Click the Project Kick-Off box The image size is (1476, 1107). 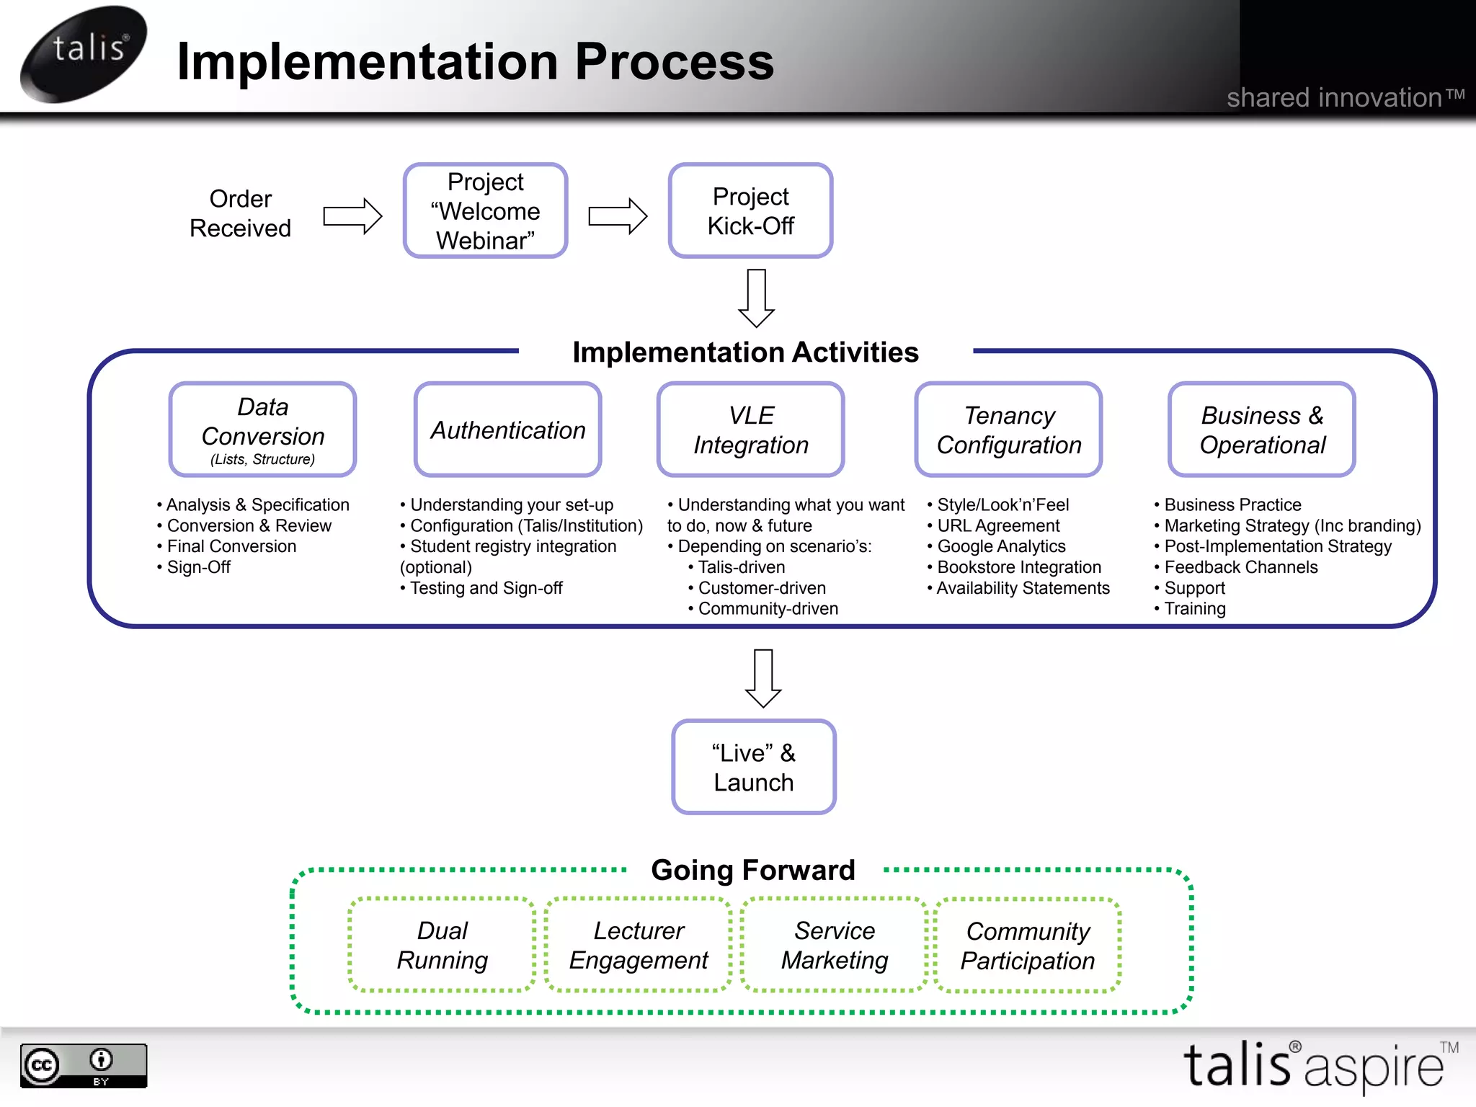[x=750, y=210]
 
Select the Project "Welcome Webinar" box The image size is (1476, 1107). [x=485, y=210]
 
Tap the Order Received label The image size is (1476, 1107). [x=240, y=213]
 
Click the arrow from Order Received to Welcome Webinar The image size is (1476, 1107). [x=352, y=215]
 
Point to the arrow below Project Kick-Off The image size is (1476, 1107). [x=756, y=298]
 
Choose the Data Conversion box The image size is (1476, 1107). [x=263, y=430]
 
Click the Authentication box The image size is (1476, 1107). [x=507, y=430]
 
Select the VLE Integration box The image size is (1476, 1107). [x=750, y=430]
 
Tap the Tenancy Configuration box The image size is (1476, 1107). [x=1008, y=430]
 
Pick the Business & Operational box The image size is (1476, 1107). [x=1261, y=430]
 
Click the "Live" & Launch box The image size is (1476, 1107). [x=754, y=767]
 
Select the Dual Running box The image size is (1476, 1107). [x=442, y=945]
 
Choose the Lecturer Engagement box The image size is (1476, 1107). [x=639, y=945]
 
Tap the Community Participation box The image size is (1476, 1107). [x=1028, y=945]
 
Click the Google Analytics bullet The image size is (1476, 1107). [x=1001, y=546]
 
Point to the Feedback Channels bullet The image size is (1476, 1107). [x=1240, y=567]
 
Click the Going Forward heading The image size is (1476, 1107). [x=753, y=870]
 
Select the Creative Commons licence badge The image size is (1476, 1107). [x=84, y=1065]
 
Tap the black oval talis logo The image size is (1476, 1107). [x=84, y=53]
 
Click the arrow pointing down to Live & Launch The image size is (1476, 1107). [x=763, y=677]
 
